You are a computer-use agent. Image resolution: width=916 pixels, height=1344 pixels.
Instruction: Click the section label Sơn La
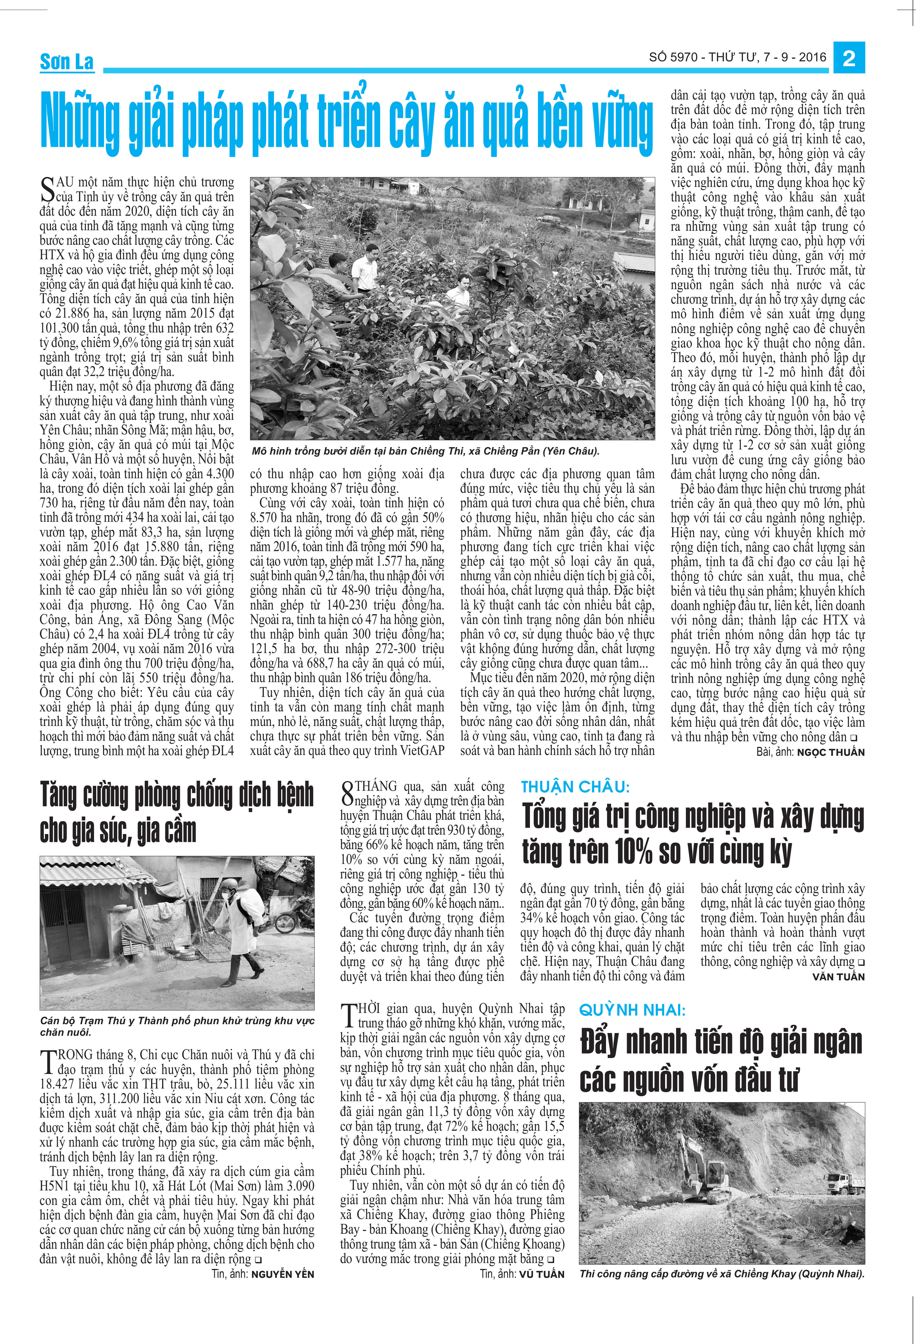(66, 61)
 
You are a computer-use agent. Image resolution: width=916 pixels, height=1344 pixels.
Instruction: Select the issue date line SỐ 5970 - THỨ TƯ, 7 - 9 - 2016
(737, 57)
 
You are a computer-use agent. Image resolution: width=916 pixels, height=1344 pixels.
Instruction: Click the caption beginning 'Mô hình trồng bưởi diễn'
(425, 451)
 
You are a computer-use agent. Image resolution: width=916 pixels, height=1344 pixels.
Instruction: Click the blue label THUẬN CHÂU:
(575, 787)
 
